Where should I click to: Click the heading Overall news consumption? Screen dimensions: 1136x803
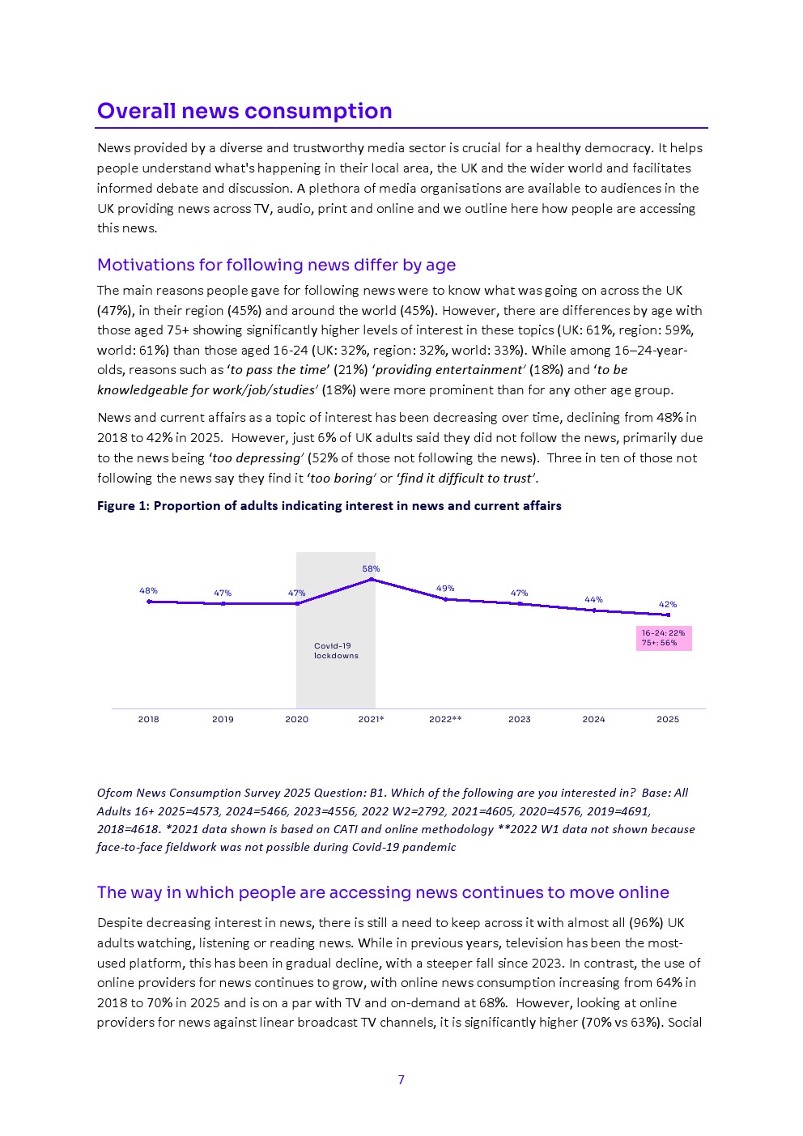[x=244, y=111]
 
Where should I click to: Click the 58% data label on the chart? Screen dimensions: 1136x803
[x=371, y=569]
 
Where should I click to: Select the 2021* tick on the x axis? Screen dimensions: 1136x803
[x=371, y=719]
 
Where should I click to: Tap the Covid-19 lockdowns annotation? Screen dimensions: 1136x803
[x=336, y=651]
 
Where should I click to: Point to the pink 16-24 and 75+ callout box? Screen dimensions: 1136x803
[x=664, y=638]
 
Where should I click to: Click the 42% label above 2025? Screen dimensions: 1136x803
[x=668, y=605]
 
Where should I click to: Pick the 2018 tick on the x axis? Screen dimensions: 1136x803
[x=148, y=719]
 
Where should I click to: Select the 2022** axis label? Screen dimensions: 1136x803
[x=445, y=719]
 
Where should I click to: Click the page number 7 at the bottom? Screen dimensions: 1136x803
[x=401, y=1079]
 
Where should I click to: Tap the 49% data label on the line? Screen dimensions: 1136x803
[x=445, y=589]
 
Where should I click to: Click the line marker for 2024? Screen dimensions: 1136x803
[x=593, y=610]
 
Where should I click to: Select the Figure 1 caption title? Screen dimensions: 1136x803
[x=329, y=506]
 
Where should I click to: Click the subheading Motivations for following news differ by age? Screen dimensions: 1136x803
[x=276, y=265]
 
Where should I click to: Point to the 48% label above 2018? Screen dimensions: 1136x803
[x=148, y=591]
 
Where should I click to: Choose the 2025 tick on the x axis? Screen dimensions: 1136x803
[x=668, y=719]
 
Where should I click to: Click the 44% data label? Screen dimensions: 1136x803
[x=593, y=600]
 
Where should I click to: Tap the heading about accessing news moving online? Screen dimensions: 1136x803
[x=383, y=892]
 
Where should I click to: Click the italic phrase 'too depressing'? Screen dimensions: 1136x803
[x=256, y=458]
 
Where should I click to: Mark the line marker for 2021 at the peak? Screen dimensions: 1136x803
[x=372, y=580]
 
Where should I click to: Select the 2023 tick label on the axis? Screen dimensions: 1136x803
[x=520, y=719]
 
